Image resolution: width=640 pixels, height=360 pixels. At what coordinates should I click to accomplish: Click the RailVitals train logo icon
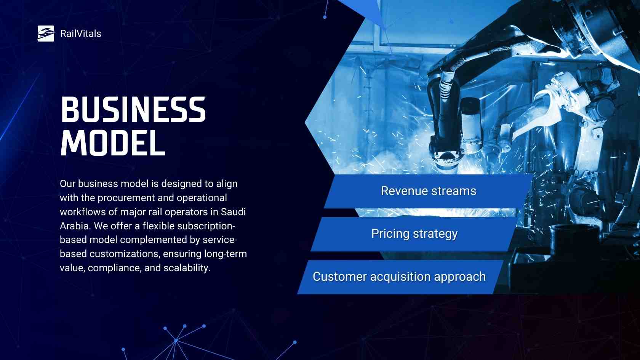click(46, 34)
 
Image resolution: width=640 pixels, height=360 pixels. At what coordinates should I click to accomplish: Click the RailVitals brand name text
click(81, 34)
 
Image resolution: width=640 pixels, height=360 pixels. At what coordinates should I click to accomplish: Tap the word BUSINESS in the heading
click(133, 109)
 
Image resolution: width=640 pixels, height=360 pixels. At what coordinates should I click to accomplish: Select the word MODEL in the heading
click(113, 142)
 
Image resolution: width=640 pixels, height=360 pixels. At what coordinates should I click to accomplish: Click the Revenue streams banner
click(429, 191)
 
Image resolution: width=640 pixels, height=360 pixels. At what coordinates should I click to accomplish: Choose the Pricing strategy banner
click(414, 234)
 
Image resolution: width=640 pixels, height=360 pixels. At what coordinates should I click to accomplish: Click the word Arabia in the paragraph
click(75, 226)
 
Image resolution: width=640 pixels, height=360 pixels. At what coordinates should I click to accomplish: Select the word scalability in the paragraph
click(187, 268)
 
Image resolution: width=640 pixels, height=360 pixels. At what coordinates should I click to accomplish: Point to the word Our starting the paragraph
click(67, 184)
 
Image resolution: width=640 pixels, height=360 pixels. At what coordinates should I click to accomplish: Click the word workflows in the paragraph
click(81, 212)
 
